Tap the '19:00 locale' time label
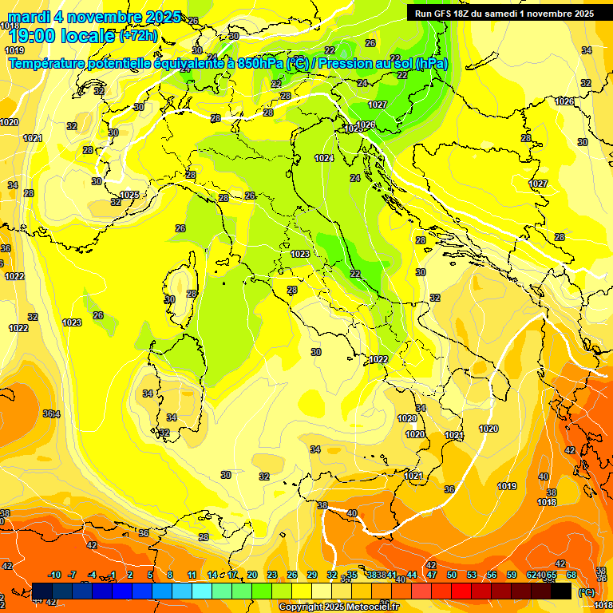coord(62,36)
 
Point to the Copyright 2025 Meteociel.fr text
coord(339,607)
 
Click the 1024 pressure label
coord(323,158)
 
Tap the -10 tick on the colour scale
coord(54,575)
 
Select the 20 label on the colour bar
coord(251,575)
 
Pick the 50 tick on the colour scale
coord(452,575)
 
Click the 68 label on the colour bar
coord(571,575)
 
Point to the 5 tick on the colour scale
coord(150,575)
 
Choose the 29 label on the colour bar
coord(311,575)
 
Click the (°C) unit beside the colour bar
coord(585,591)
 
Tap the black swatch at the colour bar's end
coord(561,591)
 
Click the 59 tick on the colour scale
coord(512,575)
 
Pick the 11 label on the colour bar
coord(192,575)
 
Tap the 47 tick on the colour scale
coord(432,575)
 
